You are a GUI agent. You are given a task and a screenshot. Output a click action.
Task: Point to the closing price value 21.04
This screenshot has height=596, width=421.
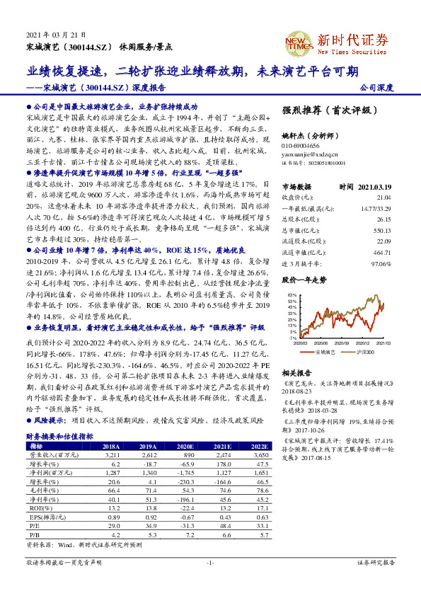coord(383,197)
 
